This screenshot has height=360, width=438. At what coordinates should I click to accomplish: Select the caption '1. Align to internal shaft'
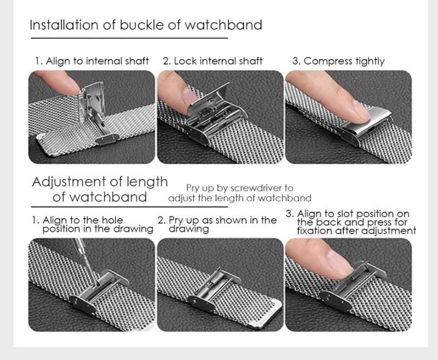pyautogui.click(x=92, y=61)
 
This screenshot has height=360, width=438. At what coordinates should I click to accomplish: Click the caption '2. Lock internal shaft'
pyautogui.click(x=212, y=61)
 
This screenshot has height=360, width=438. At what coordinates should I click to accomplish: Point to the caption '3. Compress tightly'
pyautogui.click(x=338, y=61)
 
